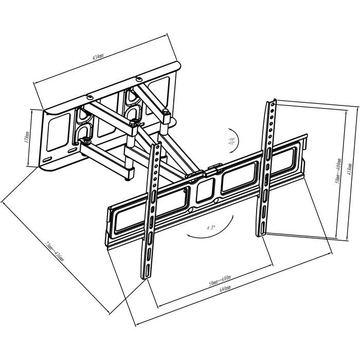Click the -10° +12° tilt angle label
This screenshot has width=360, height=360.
(x=218, y=141)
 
